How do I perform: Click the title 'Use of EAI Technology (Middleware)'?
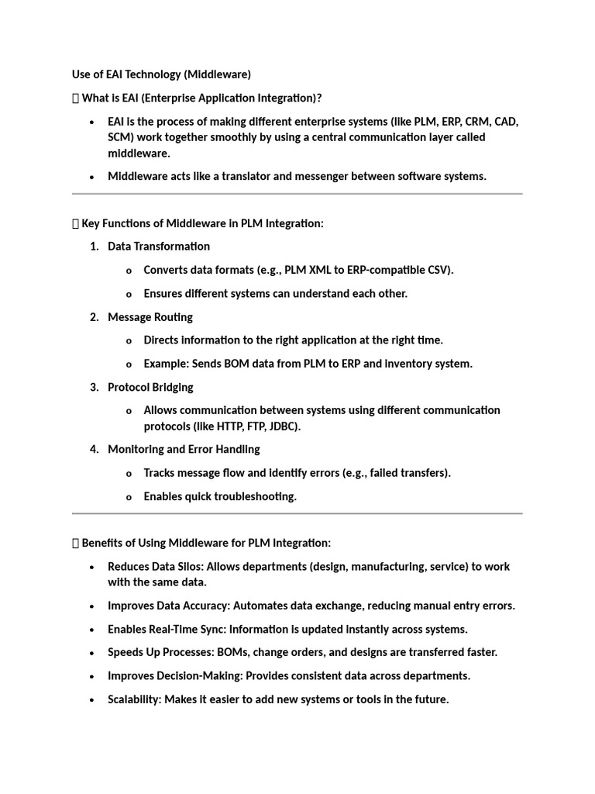coord(161,74)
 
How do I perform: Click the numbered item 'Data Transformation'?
coord(159,246)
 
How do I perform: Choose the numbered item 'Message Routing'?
coord(150,316)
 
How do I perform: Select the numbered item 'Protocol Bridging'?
coord(150,387)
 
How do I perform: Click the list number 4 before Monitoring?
coord(93,449)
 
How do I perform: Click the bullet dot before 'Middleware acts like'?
coord(91,177)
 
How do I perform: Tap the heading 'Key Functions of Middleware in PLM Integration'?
coord(202,223)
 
